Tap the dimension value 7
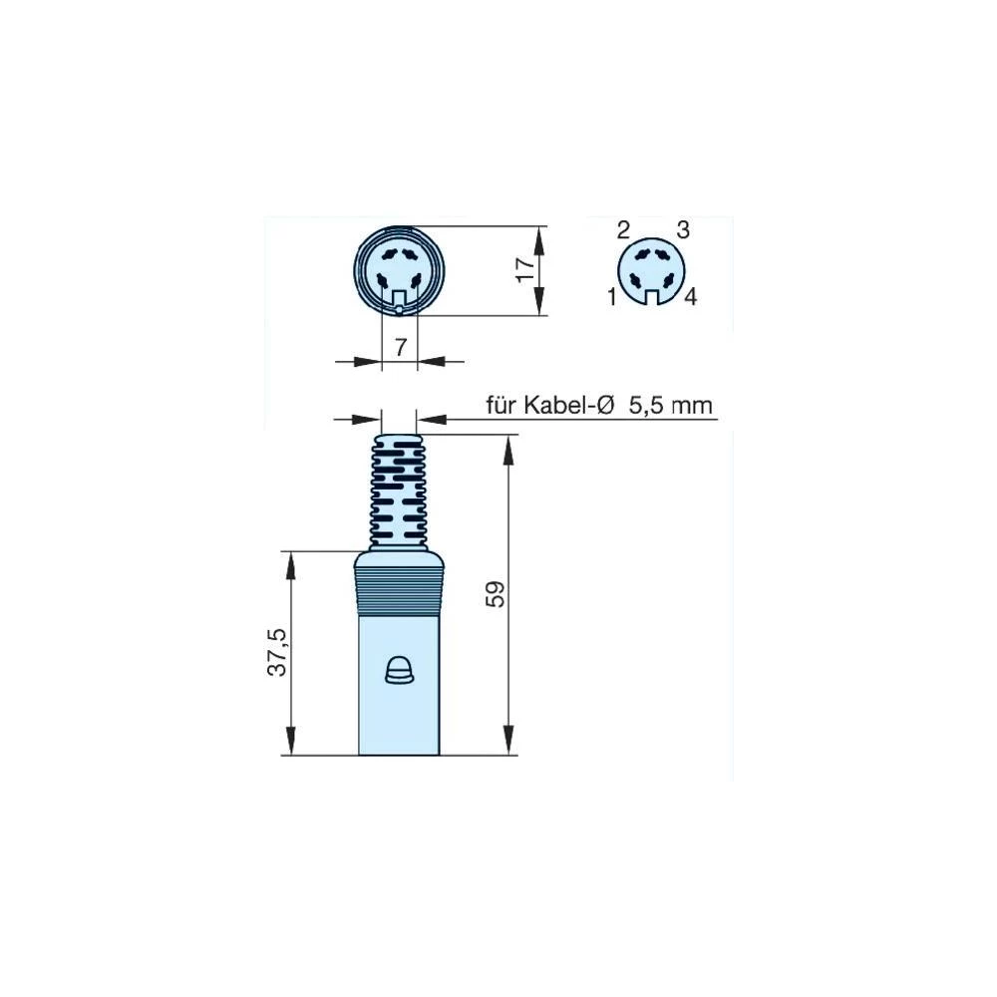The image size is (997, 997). pyautogui.click(x=400, y=347)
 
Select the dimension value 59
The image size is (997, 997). pyautogui.click(x=498, y=594)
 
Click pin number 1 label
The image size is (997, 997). pyautogui.click(x=610, y=295)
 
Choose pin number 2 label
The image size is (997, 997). pyautogui.click(x=623, y=231)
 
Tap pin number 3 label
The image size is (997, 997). pyautogui.click(x=683, y=230)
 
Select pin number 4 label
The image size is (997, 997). pyautogui.click(x=690, y=296)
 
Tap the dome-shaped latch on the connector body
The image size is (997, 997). pyautogui.click(x=399, y=671)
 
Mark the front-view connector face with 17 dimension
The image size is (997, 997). pyautogui.click(x=399, y=270)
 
